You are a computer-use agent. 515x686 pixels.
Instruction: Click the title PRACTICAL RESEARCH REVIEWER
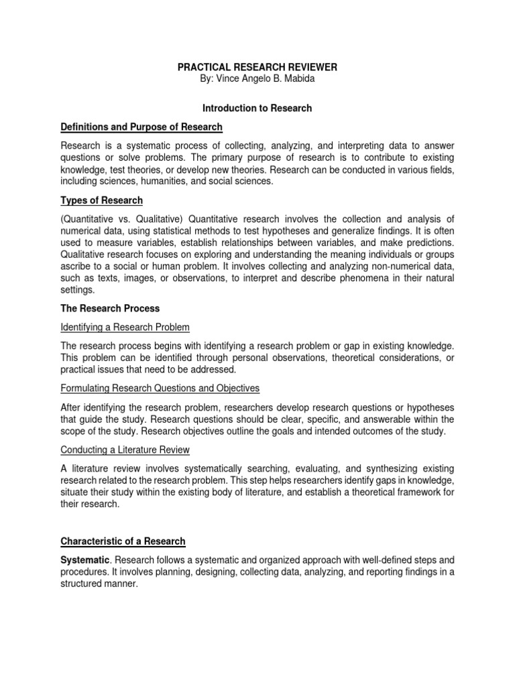coord(257,68)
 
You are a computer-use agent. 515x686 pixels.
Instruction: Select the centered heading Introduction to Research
coord(257,107)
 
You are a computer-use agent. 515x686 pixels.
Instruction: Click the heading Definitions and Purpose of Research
coord(141,127)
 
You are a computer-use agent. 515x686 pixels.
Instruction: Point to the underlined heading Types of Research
coord(101,200)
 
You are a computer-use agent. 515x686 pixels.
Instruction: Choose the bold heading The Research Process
coord(111,308)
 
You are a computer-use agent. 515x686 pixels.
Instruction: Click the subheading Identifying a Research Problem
coord(125,327)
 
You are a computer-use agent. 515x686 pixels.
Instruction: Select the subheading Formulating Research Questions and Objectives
coord(160,388)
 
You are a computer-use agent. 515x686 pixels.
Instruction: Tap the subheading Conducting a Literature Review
coord(125,449)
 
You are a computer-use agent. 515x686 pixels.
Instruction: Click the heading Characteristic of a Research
coord(123,541)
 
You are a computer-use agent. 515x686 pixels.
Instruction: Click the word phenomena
coord(354,279)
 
